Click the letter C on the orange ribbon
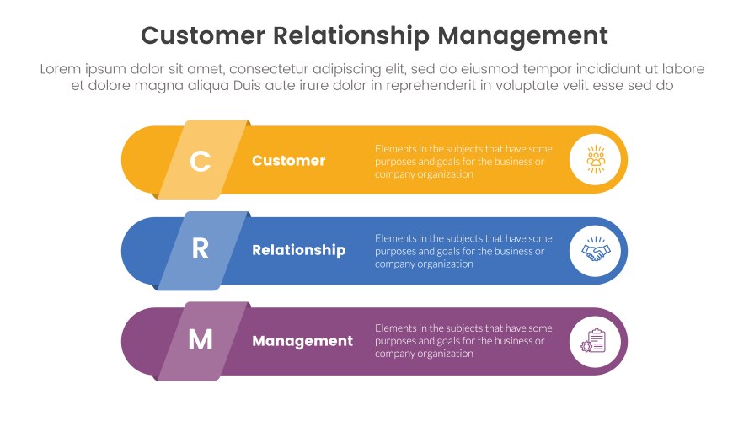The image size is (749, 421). [200, 161]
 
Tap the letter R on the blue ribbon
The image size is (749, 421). [200, 250]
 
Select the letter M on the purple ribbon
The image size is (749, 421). [200, 340]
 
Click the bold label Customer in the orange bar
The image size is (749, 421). [288, 161]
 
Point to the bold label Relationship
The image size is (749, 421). [298, 250]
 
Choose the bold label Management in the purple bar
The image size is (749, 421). [302, 341]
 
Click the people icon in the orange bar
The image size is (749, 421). [597, 160]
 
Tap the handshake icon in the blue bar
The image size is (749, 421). [597, 251]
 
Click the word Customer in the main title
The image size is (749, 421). [202, 35]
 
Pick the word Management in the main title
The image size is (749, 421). [523, 35]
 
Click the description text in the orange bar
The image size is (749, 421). [463, 161]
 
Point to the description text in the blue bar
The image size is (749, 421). [463, 251]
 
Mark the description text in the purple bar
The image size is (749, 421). [463, 341]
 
